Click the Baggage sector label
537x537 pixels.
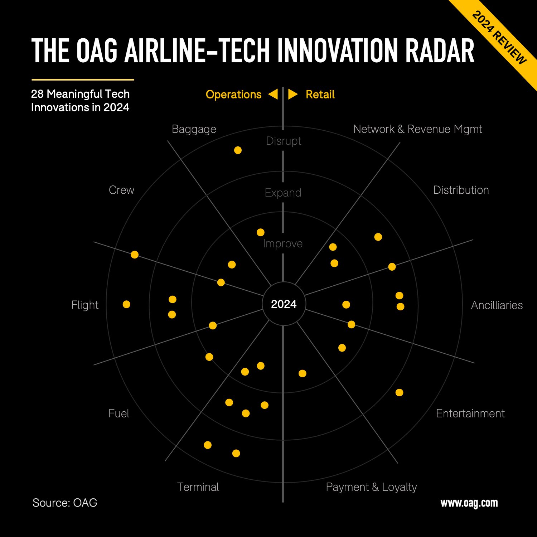tap(194, 129)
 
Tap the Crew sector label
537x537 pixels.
tap(121, 190)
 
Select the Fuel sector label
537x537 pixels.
tap(118, 413)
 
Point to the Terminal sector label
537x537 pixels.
tap(198, 487)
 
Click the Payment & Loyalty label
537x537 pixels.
tap(371, 487)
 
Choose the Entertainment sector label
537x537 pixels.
tap(470, 413)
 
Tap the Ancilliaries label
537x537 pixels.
tap(497, 305)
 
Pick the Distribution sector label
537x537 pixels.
tap(461, 190)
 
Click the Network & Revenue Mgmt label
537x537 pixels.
tap(417, 129)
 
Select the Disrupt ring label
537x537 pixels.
tap(284, 141)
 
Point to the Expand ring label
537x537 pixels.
tap(283, 193)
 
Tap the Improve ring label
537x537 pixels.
tap(283, 244)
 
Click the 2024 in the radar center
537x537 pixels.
tap(284, 304)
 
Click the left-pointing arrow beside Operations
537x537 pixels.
tap(273, 94)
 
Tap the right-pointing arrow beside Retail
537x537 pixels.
tap(293, 94)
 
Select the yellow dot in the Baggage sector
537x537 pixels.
tap(238, 150)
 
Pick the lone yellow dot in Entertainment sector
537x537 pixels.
tap(399, 393)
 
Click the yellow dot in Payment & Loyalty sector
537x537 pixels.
tap(303, 374)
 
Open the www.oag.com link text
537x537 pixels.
tap(469, 503)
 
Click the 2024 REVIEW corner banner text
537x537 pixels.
tap(499, 38)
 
